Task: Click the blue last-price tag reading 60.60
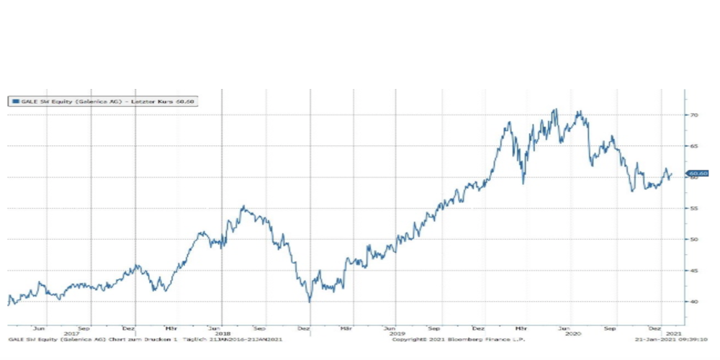[698, 174]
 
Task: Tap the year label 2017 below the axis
[71, 333]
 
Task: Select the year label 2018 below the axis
[223, 333]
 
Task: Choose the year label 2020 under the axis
[573, 333]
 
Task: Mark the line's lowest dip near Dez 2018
[310, 301]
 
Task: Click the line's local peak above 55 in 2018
[243, 207]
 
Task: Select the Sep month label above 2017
[86, 327]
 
